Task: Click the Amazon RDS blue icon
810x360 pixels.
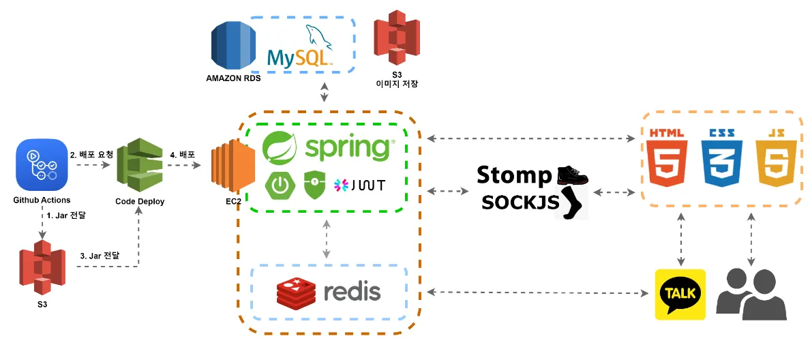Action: tap(232, 46)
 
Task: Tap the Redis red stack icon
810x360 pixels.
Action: tap(296, 292)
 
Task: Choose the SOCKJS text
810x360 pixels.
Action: tap(520, 202)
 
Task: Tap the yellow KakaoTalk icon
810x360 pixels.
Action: tap(680, 295)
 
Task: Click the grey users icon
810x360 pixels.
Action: tap(751, 295)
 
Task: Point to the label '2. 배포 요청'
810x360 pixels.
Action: tap(92, 154)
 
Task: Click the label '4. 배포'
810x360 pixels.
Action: tap(183, 154)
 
